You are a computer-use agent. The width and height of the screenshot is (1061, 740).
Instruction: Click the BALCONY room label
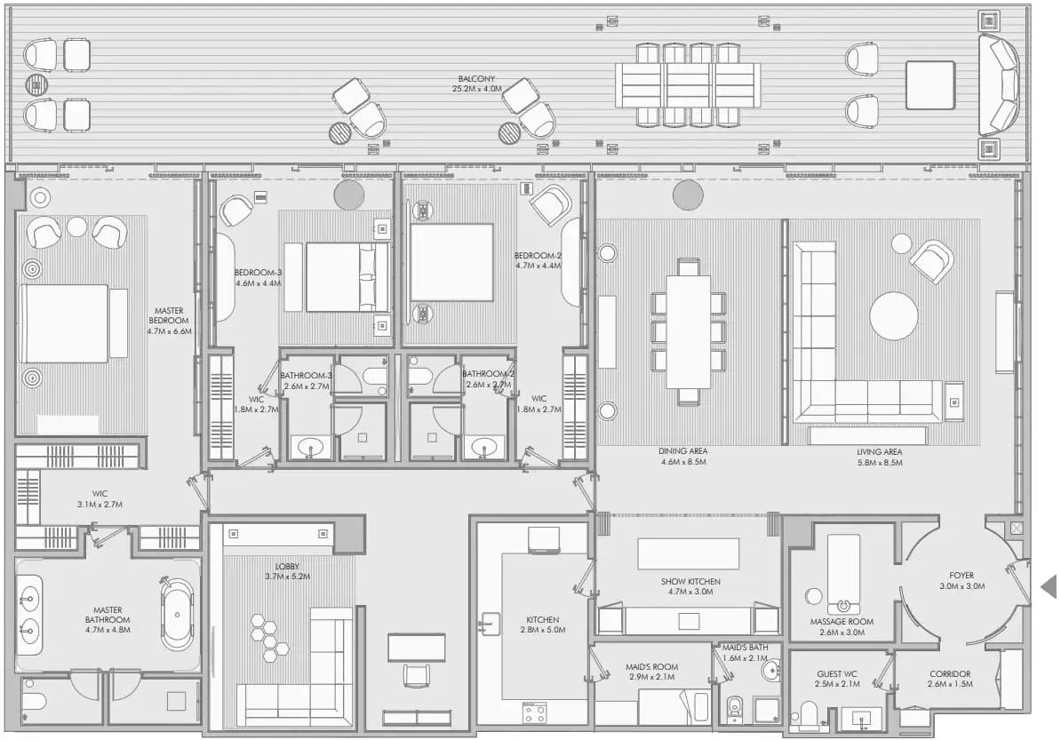click(x=476, y=79)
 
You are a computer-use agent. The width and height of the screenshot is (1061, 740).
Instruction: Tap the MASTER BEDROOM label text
click(x=169, y=316)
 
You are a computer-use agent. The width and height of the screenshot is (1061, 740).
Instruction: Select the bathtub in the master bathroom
click(x=178, y=615)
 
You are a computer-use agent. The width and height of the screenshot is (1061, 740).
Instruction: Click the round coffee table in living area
click(x=894, y=316)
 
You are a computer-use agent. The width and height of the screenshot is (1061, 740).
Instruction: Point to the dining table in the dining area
click(x=688, y=331)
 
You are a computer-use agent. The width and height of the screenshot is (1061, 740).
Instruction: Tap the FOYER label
click(x=961, y=576)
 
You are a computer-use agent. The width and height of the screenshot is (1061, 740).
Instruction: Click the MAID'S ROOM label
click(x=651, y=667)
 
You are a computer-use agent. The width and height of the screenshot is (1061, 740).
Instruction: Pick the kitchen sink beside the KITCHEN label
click(x=490, y=623)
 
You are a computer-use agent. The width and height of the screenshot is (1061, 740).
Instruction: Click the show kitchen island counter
click(x=688, y=554)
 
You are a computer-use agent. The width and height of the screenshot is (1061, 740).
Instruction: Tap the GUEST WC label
click(x=837, y=673)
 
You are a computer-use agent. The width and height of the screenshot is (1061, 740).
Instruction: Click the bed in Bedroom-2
click(x=451, y=262)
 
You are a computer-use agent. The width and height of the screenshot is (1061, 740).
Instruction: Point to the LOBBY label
click(x=287, y=567)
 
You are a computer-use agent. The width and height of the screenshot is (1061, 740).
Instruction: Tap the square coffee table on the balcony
click(x=930, y=85)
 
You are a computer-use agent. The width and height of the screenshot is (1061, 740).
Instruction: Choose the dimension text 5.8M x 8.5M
click(x=879, y=463)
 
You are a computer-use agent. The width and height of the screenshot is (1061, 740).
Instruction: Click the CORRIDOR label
click(x=950, y=673)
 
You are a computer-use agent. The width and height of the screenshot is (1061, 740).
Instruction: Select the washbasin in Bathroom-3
click(x=311, y=447)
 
